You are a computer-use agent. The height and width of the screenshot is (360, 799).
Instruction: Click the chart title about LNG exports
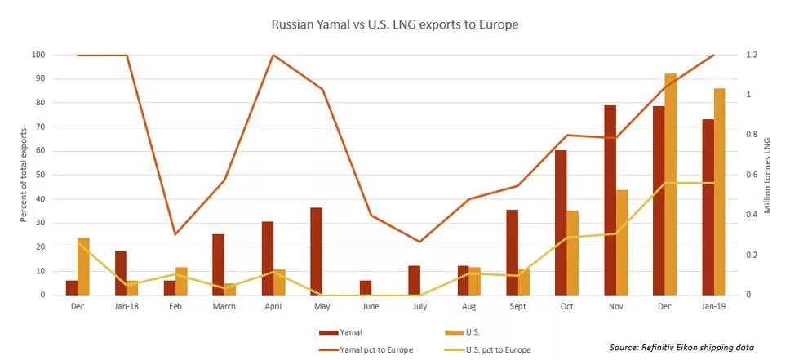394,24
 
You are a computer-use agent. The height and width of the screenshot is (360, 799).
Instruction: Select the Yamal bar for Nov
610,200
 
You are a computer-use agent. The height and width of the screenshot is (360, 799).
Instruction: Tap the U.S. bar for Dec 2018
671,184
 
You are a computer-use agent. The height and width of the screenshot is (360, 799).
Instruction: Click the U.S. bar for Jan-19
720,192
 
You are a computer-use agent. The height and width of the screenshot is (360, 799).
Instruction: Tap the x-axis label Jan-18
126,307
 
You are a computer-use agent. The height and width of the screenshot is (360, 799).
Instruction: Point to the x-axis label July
419,307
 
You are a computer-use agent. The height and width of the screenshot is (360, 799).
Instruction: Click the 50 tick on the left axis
38,175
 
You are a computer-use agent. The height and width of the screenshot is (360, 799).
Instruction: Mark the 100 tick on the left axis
37,55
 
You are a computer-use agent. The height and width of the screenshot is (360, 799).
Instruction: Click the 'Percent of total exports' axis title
24,175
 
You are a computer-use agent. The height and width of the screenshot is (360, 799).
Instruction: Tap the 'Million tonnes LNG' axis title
767,175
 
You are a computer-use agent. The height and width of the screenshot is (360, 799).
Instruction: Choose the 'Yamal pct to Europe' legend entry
379,349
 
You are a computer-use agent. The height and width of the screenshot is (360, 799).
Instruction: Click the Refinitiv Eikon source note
681,347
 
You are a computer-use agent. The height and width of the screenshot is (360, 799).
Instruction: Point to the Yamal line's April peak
273,55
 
